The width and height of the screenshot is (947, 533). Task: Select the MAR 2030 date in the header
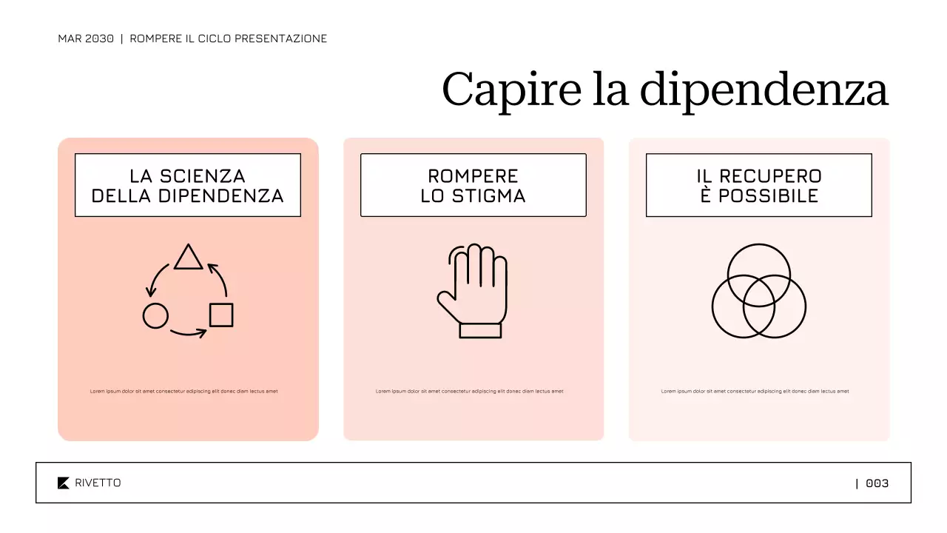coord(86,38)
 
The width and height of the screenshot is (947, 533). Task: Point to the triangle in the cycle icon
coord(188,258)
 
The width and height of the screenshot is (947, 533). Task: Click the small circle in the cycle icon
coord(155,316)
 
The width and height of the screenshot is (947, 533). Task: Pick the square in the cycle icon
coord(221,315)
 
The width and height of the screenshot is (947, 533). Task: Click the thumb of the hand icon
coord(447,304)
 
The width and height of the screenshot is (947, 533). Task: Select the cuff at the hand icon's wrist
coord(480,330)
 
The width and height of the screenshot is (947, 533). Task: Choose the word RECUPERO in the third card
coord(770,176)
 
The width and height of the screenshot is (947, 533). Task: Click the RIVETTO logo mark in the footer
coord(64,483)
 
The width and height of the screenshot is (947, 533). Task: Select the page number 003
coord(877,483)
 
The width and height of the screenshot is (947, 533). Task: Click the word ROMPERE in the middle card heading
coord(473,176)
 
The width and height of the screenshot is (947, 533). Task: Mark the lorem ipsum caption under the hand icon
coord(469,391)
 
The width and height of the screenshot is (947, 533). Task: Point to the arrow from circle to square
coord(188,334)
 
